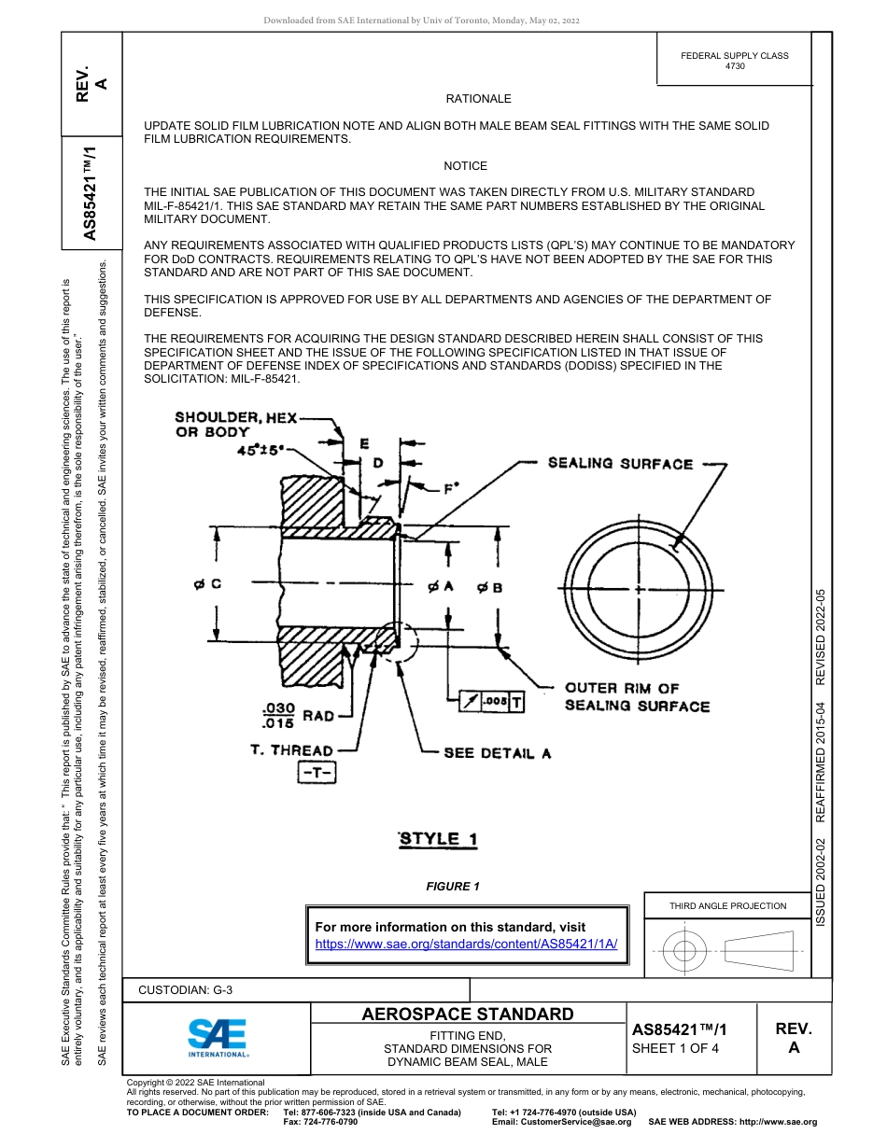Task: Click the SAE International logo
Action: (218, 1037)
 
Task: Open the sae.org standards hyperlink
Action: (467, 944)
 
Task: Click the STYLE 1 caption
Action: (438, 838)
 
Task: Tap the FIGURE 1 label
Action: (453, 887)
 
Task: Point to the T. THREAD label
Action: (291, 750)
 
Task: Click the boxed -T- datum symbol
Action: (317, 773)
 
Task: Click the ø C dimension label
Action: (207, 584)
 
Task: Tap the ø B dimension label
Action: (489, 587)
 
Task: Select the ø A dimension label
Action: (440, 586)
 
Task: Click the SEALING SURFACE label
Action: (620, 464)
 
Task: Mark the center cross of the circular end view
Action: (639, 591)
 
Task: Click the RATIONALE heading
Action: (478, 99)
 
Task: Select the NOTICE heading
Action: (465, 166)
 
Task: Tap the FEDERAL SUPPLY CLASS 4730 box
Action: (734, 61)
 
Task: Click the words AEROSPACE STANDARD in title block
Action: (468, 1015)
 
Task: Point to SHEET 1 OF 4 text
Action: (675, 1048)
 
